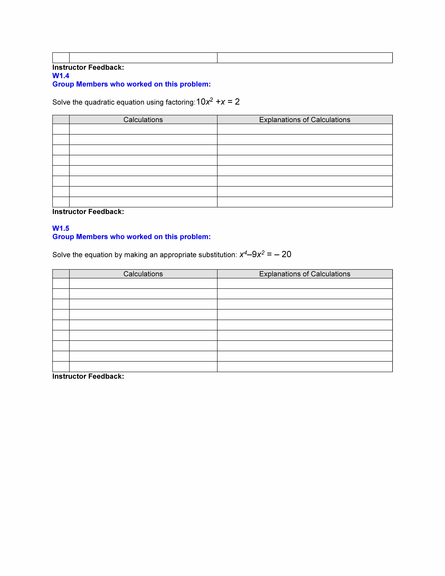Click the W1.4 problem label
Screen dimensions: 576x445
click(x=61, y=76)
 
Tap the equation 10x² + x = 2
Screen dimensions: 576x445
click(x=218, y=102)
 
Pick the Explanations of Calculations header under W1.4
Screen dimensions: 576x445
click(x=304, y=120)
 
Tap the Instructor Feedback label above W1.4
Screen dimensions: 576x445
click(x=88, y=68)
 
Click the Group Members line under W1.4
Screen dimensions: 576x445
click(x=131, y=84)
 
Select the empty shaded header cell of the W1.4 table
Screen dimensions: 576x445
click(x=61, y=120)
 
